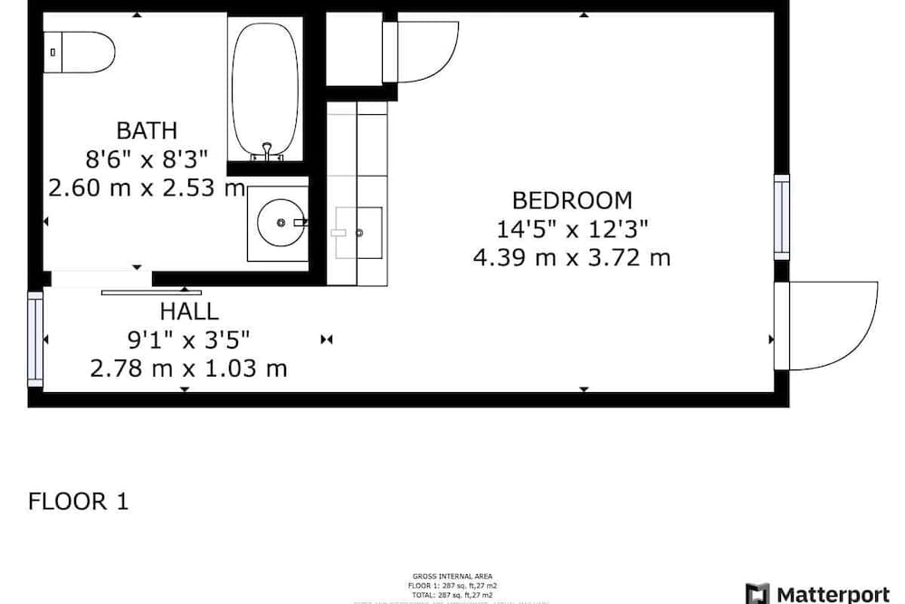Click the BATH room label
146,130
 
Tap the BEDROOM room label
572,200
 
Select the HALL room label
189,312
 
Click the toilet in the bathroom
81,52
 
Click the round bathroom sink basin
282,221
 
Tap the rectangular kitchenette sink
359,232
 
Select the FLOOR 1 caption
79,501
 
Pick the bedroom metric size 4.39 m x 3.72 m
572,258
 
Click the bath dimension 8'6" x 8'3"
147,159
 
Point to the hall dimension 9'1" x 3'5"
188,340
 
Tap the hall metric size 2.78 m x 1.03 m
188,369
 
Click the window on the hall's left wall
35,338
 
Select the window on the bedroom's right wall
781,217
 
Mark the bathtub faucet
267,151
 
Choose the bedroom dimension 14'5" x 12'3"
572,229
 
